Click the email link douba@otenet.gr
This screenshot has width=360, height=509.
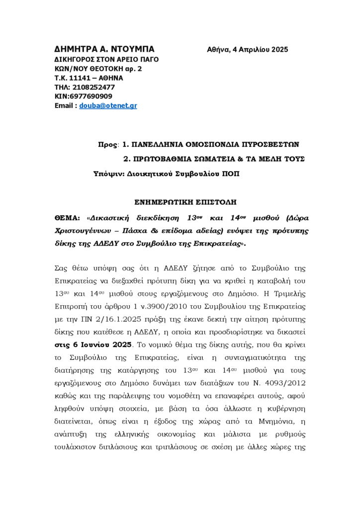(x=108, y=106)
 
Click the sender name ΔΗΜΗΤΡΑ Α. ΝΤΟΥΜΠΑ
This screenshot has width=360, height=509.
(x=104, y=49)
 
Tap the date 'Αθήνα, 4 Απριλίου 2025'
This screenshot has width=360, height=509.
(x=247, y=50)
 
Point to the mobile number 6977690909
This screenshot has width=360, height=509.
(x=91, y=96)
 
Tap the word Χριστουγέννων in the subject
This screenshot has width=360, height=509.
(x=82, y=231)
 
